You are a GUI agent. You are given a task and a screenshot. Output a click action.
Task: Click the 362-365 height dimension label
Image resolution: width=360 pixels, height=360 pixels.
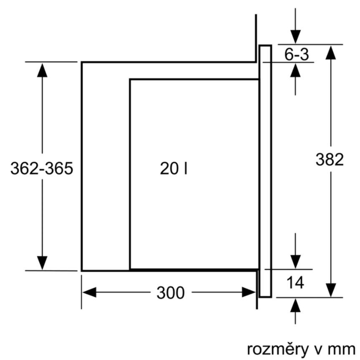42,169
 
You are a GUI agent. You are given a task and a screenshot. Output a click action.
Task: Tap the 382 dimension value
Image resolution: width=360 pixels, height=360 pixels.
330,160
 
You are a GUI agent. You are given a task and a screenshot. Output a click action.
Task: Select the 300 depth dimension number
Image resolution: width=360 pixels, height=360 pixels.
170,293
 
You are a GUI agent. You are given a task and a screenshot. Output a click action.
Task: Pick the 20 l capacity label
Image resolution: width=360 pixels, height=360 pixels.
173,169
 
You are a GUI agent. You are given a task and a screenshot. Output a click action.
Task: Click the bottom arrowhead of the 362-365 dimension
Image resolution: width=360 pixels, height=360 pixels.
42,263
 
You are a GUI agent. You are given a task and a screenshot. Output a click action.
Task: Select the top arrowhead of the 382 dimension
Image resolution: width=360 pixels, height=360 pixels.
330,52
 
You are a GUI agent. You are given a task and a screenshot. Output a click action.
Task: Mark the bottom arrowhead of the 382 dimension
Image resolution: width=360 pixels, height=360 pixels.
330,290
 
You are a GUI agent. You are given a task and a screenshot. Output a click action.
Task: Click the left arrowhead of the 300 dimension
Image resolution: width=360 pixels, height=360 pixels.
89,292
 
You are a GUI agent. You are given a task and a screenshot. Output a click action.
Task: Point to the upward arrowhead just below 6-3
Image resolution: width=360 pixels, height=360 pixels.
295,70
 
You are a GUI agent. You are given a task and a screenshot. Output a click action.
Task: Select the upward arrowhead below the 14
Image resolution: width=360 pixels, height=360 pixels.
295,305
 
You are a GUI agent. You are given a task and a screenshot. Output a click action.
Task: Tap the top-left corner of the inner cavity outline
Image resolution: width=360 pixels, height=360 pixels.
130,79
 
